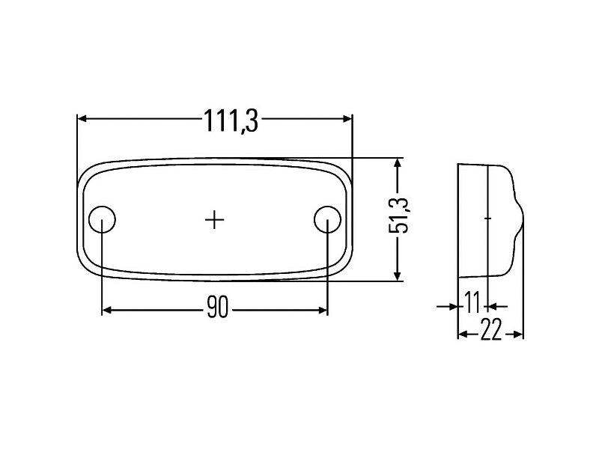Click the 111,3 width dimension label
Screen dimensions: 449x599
point(231,120)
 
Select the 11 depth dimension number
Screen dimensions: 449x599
point(472,305)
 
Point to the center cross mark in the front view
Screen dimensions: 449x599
point(215,219)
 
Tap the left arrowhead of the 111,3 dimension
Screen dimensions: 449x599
point(82,119)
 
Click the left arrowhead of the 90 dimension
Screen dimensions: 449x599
point(106,310)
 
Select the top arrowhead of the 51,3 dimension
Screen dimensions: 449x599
point(398,162)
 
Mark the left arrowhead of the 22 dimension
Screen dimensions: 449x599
point(462,335)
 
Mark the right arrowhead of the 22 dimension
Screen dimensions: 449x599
point(519,335)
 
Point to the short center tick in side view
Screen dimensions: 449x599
point(487,219)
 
